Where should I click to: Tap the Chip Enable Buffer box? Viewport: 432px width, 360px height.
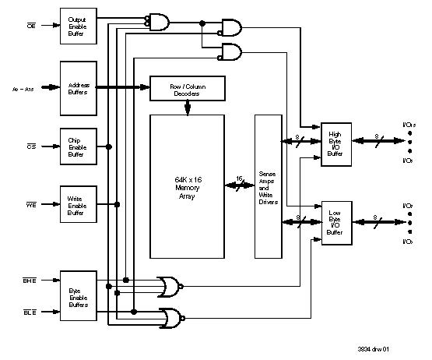79,146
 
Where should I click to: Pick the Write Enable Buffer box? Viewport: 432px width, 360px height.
79,206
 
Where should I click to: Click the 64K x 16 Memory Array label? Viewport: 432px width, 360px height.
187,187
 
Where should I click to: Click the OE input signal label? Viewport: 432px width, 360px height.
31,25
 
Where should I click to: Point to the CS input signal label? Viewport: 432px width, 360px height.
31,146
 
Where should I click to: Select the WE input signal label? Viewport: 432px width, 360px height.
31,206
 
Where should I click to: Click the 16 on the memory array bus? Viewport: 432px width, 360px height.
239,179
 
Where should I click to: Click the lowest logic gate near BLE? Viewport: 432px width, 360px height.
170,317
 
